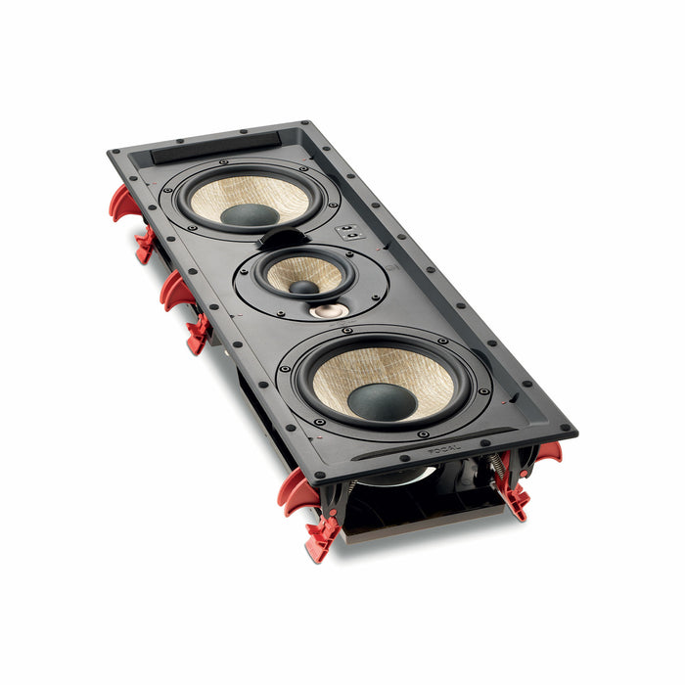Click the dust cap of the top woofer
click(x=250, y=214)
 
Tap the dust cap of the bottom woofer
click(x=382, y=401)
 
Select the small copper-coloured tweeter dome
click(x=329, y=311)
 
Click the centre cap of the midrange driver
click(x=304, y=288)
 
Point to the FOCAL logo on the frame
click(x=446, y=451)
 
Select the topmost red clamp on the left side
click(x=122, y=202)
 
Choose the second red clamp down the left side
click(x=145, y=244)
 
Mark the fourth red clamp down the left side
click(x=199, y=334)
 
